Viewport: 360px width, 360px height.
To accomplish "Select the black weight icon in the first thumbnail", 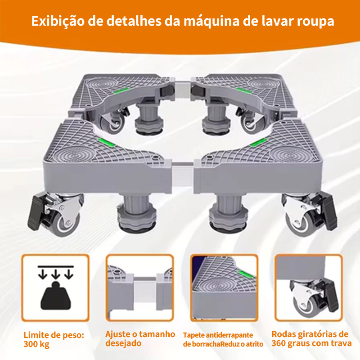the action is coord(56,296).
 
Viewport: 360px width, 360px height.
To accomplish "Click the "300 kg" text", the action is coord(36,344).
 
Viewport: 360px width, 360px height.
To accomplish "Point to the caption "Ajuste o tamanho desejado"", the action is coord(140,339).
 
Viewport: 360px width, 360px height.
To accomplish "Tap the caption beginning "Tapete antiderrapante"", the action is coord(223,340).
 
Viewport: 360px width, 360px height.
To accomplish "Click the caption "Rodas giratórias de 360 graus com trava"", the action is coord(311,339).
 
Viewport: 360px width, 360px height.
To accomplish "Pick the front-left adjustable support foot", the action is coord(137,214).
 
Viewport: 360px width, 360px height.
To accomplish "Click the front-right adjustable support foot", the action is coord(229,214).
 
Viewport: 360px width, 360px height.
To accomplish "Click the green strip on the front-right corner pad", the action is coord(258,142).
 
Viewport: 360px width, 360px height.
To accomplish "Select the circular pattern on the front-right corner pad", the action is coord(288,154).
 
